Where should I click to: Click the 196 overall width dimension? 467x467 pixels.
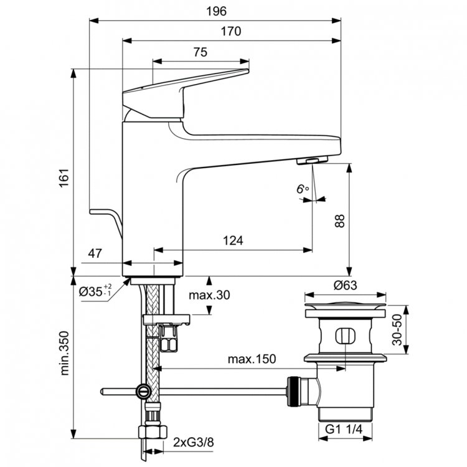tap(217, 11)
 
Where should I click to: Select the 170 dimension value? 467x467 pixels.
tap(230, 31)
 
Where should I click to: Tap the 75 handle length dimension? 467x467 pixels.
tap(200, 52)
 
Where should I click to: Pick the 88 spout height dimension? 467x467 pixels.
tap(339, 221)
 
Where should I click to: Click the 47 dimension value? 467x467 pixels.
tap(95, 253)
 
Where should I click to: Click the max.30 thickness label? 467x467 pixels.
tap(210, 295)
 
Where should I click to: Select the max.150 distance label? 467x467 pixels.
tap(251, 359)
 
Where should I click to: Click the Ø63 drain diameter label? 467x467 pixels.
tap(344, 285)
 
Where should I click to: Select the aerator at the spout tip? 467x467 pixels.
tap(309, 161)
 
